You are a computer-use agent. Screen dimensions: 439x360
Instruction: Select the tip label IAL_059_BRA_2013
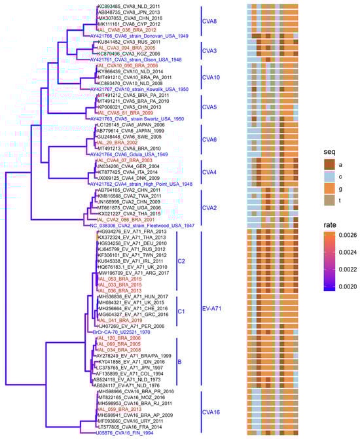tap(118, 409)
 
